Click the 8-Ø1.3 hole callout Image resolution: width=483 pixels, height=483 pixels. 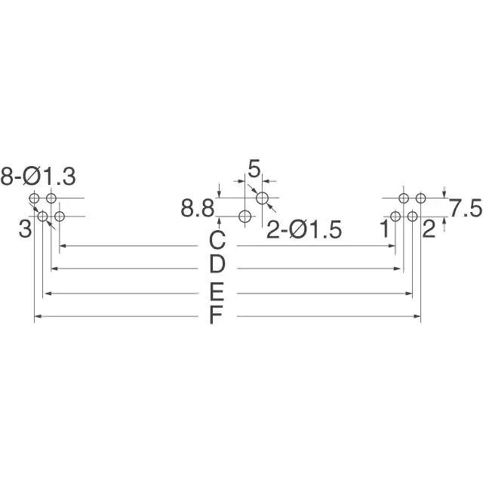38,177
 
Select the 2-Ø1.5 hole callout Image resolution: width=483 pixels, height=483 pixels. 304,229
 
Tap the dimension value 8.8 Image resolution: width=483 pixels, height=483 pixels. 198,208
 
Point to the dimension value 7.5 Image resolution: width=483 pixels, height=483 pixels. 466,208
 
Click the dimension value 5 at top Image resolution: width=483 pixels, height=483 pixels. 254,169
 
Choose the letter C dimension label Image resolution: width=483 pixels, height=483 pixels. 217,241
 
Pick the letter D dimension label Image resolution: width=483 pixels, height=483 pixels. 217,264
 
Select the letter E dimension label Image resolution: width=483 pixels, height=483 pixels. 217,291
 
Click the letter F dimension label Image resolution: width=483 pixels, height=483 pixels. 216,315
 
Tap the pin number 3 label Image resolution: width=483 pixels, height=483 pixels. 25,229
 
